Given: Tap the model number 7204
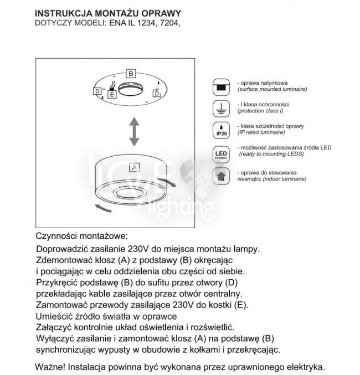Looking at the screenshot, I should (x=169, y=23).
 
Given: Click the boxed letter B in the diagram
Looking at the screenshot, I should (x=130, y=73).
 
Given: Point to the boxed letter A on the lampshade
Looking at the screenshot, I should (x=134, y=166).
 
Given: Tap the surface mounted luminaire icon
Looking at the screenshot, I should (x=220, y=86).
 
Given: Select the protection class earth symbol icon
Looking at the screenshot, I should (x=220, y=107).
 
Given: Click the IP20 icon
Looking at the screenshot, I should (x=220, y=130).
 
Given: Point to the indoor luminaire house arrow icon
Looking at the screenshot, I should (x=220, y=177).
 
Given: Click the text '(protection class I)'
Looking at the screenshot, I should (x=259, y=110).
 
